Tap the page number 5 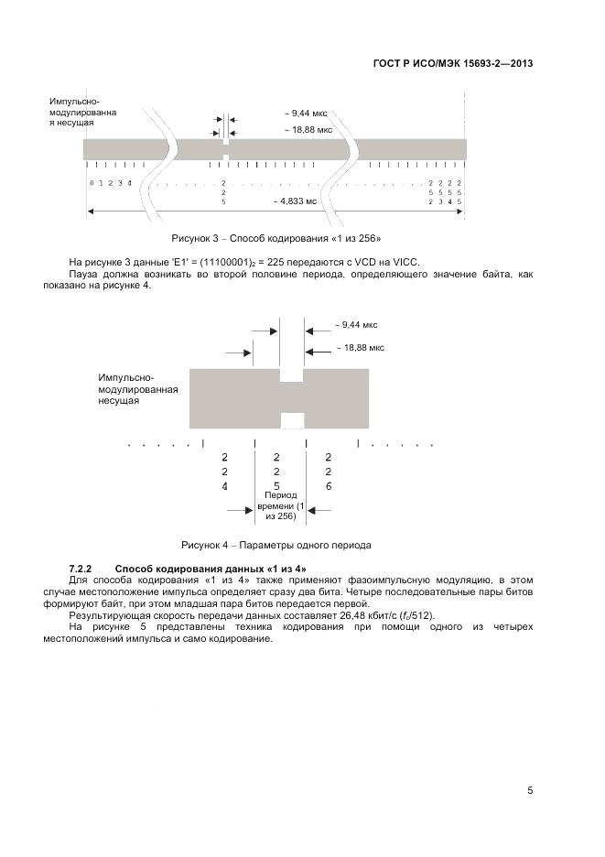coord(531,790)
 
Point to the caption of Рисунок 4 coord(276,545)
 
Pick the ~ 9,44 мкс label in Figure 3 coord(306,113)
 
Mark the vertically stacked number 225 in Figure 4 coord(277,471)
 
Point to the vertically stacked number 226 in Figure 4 coord(329,471)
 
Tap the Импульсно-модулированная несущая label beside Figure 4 coord(138,389)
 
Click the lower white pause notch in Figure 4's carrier coord(292,420)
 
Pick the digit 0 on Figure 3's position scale coord(91,183)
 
